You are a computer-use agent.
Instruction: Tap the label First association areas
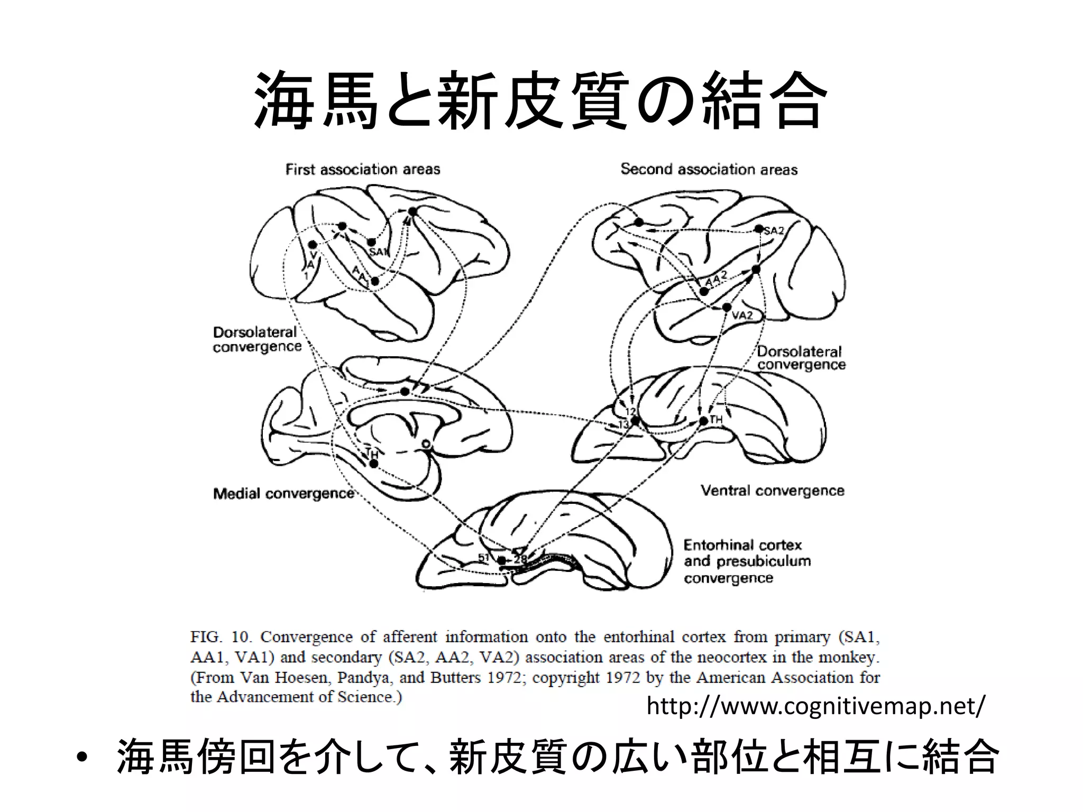point(363,169)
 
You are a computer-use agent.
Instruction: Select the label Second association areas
point(709,169)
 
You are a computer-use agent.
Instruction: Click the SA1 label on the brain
point(379,252)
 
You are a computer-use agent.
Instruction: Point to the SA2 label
point(774,230)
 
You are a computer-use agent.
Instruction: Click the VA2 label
point(742,316)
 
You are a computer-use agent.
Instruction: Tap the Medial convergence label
point(283,494)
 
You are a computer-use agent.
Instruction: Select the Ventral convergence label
point(772,491)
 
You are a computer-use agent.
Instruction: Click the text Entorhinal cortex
point(742,545)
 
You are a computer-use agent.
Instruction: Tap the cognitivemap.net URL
point(816,706)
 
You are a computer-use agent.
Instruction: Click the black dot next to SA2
point(759,229)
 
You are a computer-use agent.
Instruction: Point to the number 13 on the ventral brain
point(623,424)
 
